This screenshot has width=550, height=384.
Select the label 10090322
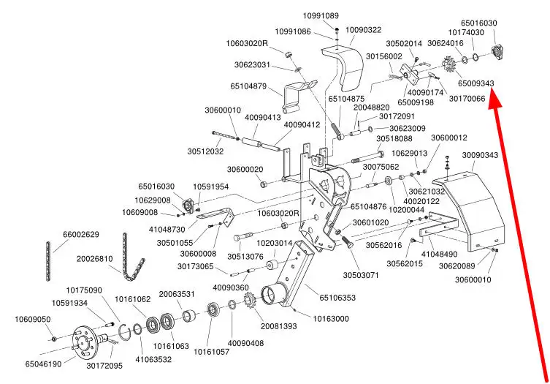click(363, 30)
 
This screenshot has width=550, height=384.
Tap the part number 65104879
click(249, 86)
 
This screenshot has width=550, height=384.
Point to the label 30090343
click(480, 155)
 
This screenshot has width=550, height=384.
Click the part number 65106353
click(337, 298)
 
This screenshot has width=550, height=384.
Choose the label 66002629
click(80, 235)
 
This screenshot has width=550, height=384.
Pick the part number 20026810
click(95, 259)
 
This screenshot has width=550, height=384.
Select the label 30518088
click(394, 139)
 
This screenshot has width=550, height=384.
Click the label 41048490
click(439, 253)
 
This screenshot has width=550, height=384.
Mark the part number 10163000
click(331, 319)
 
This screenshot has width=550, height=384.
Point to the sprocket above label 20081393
click(249, 301)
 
